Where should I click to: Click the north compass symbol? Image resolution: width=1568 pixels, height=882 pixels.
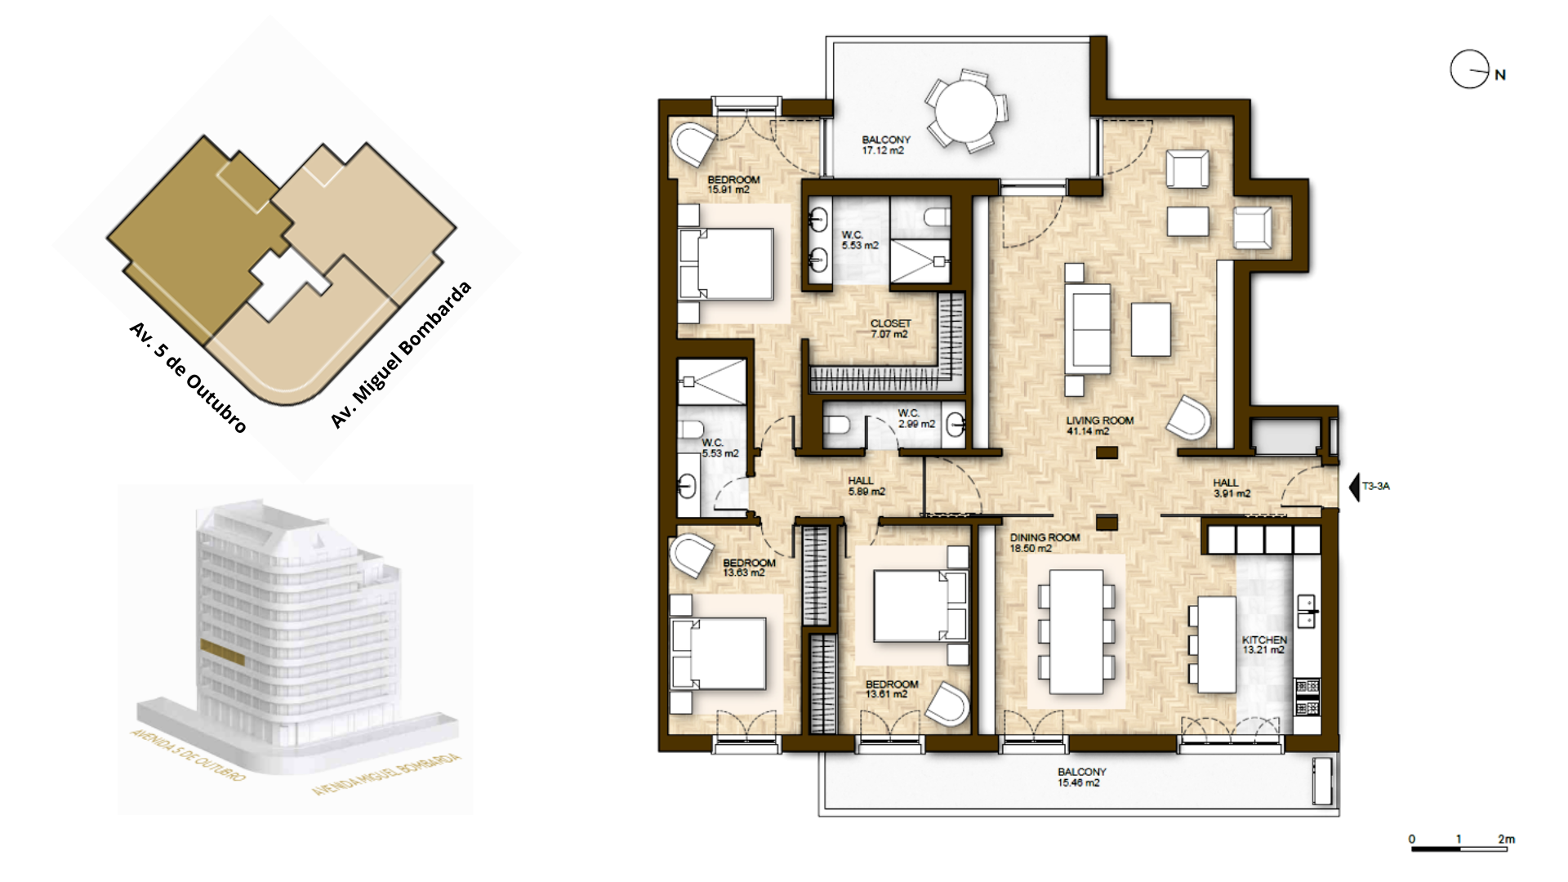[1470, 69]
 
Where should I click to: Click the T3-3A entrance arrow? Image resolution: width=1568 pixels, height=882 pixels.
[1355, 487]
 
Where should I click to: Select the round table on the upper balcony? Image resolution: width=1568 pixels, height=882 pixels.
[966, 111]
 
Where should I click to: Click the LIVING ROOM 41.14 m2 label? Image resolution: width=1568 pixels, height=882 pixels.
[1099, 425]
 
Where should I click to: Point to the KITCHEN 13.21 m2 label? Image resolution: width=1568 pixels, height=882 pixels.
[1263, 645]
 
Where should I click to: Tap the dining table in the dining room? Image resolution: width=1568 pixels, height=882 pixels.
[1076, 631]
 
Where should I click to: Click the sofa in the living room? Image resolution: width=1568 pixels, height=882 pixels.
[1088, 329]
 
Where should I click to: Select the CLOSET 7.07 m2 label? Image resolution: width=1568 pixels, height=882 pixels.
[890, 328]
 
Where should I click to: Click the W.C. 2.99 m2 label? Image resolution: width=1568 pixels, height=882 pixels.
[915, 418]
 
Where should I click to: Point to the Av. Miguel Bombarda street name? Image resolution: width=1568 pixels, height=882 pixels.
[401, 354]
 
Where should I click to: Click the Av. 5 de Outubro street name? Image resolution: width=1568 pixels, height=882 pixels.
[188, 376]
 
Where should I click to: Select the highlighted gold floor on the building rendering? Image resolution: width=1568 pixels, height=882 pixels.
[222, 652]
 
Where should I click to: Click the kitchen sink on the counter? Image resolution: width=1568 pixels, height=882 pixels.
[1307, 610]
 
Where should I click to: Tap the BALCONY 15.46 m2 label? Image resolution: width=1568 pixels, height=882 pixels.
[1081, 777]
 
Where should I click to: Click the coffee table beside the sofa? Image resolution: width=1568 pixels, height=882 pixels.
[1151, 329]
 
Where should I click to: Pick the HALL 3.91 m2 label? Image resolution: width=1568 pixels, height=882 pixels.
[1231, 488]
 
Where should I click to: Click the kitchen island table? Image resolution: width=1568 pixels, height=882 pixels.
[1216, 644]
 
